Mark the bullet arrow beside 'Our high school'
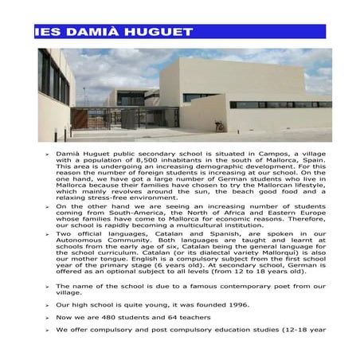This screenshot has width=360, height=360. (46, 306)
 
